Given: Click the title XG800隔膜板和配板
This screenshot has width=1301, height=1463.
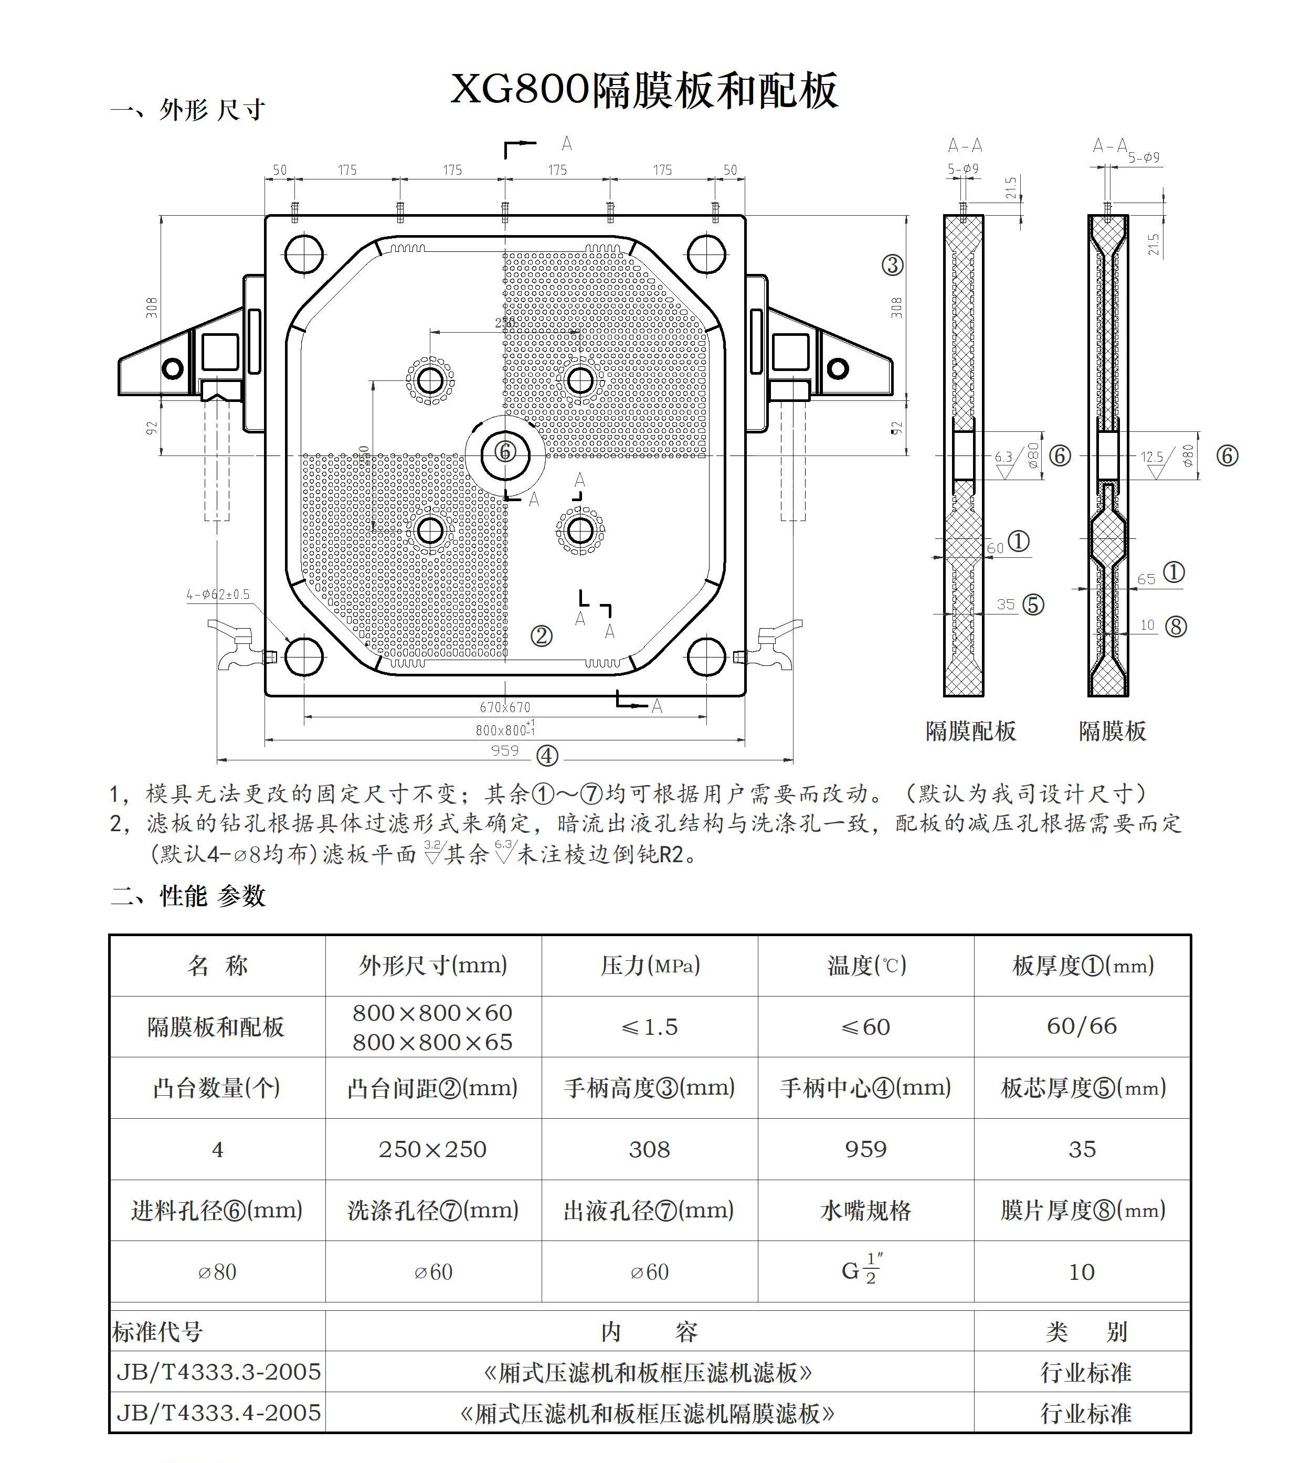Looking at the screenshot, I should pos(644,91).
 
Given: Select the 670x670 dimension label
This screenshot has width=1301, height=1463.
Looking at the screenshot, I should pos(505,707).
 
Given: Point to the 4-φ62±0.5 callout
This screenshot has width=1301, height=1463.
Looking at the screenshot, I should pos(218,594).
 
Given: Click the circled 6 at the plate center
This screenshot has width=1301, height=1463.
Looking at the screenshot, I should pos(505,452).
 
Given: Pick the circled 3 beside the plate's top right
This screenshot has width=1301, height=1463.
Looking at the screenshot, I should pos(892,266).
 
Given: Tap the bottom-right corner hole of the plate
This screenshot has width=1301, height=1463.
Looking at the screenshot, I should pos(707,657).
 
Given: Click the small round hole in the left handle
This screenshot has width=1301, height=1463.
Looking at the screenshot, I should pos(172,368).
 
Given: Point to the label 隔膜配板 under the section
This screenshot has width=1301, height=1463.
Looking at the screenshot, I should pos(970,731).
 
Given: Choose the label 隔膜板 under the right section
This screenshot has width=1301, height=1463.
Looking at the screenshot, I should pos(1112,731).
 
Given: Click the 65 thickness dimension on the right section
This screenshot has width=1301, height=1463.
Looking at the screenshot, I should pos(1146,579).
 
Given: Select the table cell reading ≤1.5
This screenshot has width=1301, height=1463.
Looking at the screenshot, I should pos(649,1027).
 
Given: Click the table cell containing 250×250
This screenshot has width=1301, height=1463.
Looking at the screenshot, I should pos(432,1150).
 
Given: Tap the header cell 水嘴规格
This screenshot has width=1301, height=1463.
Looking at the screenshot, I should pos(865,1211).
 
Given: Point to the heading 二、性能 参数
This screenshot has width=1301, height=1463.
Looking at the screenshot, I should pos(188,896).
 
